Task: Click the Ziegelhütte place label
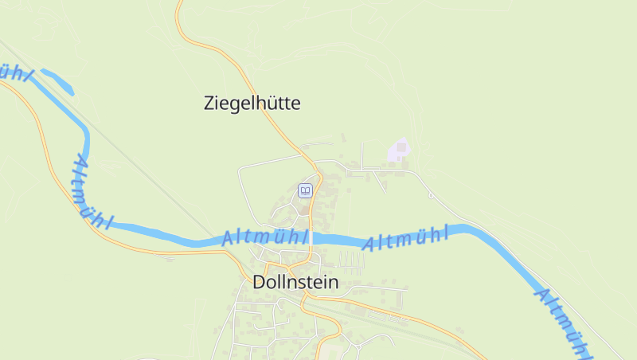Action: pyautogui.click(x=252, y=103)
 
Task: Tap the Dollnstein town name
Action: pyautogui.click(x=295, y=282)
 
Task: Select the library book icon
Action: pyautogui.click(x=304, y=190)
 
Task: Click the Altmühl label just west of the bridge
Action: pyautogui.click(x=264, y=237)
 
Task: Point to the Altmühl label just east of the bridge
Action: pyautogui.click(x=405, y=237)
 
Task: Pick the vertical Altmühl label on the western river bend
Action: pyautogui.click(x=92, y=191)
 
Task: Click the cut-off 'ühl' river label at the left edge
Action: pyautogui.click(x=16, y=72)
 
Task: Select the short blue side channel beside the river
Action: pyautogui.click(x=58, y=81)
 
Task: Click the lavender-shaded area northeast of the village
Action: pyautogui.click(x=401, y=150)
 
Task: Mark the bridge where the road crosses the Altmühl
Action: pyautogui.click(x=314, y=238)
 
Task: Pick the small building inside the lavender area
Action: pyautogui.click(x=402, y=147)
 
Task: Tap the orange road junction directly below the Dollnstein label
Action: pyautogui.click(x=304, y=298)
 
